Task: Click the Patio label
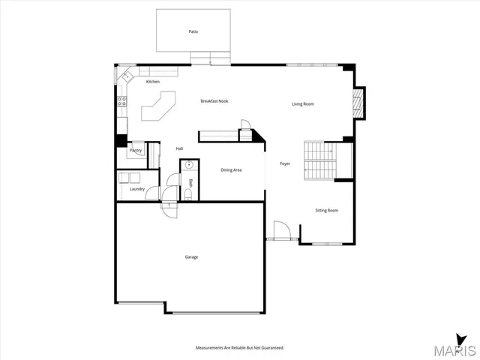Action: [193, 32]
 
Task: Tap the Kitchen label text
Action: [153, 82]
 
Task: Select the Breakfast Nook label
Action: [214, 100]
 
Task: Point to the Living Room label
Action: [303, 104]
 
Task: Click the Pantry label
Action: [136, 151]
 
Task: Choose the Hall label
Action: [179, 148]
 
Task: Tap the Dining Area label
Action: [231, 170]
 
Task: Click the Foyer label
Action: [285, 163]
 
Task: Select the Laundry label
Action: [136, 189]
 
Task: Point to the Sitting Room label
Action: [326, 211]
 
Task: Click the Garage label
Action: [191, 257]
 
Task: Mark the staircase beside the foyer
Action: [319, 160]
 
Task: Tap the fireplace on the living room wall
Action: [359, 103]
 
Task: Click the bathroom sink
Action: [190, 166]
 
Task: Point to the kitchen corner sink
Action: [127, 76]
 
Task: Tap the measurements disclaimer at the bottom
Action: [240, 349]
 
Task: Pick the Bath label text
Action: [190, 183]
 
